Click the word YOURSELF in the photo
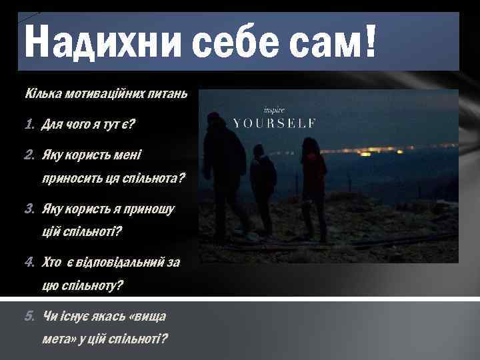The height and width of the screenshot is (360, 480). click(273, 123)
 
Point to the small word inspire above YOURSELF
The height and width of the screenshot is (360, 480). click(274, 109)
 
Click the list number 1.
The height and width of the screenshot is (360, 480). click(29, 124)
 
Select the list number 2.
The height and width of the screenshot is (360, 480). click(29, 155)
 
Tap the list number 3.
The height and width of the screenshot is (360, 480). click(29, 209)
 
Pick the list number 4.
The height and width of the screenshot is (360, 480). click(29, 263)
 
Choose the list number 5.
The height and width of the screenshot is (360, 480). click(29, 315)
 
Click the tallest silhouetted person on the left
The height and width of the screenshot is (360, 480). click(225, 173)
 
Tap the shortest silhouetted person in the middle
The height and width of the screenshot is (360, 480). click(263, 187)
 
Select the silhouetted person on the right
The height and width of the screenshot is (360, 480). click(313, 183)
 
